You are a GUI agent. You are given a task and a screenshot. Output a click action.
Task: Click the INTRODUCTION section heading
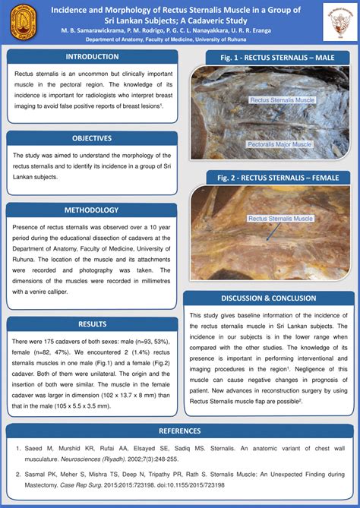click(x=92, y=56)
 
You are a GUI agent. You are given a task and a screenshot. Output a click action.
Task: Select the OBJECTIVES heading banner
click(x=92, y=138)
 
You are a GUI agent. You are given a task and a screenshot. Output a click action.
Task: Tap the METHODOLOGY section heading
click(x=92, y=210)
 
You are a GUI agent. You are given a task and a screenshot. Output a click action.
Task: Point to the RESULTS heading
click(x=92, y=324)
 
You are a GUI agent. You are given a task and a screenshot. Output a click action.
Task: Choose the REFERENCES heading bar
click(x=179, y=431)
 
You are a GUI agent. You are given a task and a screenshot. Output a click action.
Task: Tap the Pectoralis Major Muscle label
click(x=280, y=144)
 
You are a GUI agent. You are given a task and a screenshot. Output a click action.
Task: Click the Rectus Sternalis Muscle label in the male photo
click(x=283, y=99)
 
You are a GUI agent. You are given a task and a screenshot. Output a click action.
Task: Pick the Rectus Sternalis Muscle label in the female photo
click(x=280, y=219)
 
